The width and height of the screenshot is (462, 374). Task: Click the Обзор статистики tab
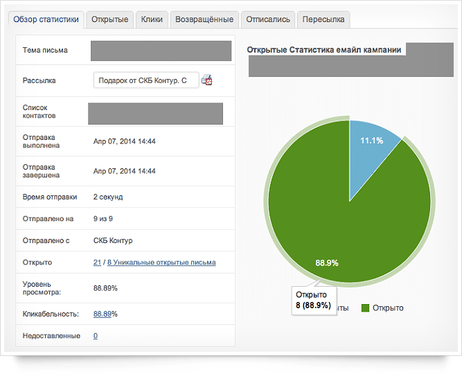[46, 19]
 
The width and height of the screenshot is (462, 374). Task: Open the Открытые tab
[109, 19]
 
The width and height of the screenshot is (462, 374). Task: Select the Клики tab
[152, 19]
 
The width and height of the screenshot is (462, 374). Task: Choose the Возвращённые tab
[204, 19]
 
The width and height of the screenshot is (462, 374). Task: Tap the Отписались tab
[268, 19]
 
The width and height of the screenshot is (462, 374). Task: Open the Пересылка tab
[323, 19]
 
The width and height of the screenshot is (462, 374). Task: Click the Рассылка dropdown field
[146, 80]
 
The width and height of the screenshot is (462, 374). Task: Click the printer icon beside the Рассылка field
[207, 80]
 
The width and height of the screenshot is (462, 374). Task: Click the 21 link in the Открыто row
[97, 262]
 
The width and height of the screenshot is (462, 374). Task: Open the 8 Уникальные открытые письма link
[161, 262]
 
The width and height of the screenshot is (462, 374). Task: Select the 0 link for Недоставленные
[96, 336]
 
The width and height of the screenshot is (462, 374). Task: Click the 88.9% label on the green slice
[327, 263]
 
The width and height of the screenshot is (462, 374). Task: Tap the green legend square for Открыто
[365, 308]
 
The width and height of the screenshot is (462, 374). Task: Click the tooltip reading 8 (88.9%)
[314, 301]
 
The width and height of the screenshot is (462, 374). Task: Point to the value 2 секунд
[108, 197]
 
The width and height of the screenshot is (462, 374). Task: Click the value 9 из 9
[103, 219]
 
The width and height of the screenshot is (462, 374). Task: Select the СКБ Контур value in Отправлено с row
[113, 240]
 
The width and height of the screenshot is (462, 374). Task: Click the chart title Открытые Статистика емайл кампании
[323, 50]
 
